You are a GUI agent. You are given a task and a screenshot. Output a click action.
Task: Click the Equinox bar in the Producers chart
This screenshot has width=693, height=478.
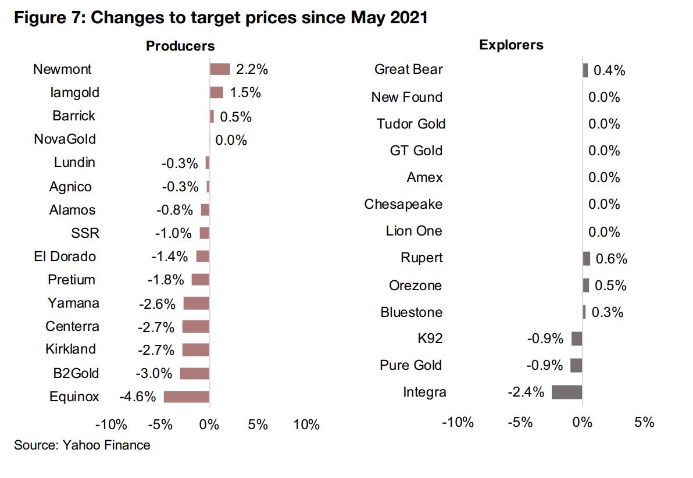186,397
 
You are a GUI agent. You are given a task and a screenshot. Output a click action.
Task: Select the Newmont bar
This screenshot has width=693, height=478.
220,69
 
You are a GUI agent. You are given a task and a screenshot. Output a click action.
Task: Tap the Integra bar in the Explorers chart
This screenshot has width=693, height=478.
567,392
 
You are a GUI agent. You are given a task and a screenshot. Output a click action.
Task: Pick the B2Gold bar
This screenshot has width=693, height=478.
194,373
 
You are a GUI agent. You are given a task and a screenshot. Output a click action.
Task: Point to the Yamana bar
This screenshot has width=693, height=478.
196,303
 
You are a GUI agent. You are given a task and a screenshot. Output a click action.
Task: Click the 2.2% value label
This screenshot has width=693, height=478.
252,70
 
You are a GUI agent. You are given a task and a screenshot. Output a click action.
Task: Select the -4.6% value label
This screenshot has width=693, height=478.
138,397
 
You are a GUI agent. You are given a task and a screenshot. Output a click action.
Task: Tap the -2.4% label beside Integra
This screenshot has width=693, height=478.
526,393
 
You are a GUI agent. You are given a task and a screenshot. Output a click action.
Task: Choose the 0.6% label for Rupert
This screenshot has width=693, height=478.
611,259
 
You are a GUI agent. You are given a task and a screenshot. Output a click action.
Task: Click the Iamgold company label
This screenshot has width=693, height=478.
74,92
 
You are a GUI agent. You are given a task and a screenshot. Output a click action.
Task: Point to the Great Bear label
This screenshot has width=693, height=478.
408,70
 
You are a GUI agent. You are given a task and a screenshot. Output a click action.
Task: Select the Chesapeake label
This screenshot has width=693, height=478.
403,204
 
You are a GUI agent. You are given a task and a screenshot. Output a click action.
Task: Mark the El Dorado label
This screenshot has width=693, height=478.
65,256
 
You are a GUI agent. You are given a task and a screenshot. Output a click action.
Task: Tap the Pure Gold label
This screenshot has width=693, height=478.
410,365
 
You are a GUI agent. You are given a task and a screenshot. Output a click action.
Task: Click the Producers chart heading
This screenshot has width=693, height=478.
180,46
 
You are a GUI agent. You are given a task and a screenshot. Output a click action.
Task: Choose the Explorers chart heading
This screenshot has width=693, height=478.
511,45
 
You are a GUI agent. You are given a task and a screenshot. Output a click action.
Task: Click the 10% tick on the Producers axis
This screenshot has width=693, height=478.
306,425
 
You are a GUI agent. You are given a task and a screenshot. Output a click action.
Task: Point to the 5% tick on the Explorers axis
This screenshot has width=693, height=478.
644,422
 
